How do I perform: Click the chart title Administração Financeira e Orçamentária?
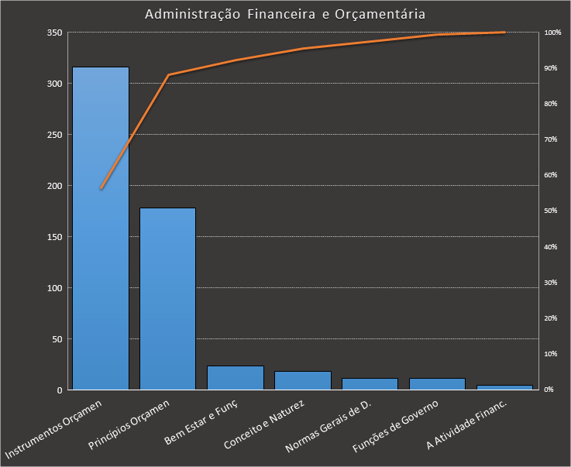[x=285, y=15]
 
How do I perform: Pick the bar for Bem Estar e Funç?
[x=236, y=378]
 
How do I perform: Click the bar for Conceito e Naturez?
[x=302, y=380]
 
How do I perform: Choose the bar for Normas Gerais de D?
[x=370, y=384]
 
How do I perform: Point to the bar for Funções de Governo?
[x=437, y=384]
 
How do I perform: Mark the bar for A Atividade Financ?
[x=504, y=387]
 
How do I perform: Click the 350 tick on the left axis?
[x=54, y=33]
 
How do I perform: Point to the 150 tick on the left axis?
[x=54, y=237]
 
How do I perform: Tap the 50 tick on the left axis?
[x=57, y=339]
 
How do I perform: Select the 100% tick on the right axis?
[x=552, y=33]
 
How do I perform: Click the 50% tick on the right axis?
[x=552, y=211]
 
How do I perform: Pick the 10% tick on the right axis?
[x=552, y=354]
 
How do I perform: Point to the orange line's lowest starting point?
[x=101, y=188]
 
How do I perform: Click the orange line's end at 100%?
[x=504, y=33]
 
